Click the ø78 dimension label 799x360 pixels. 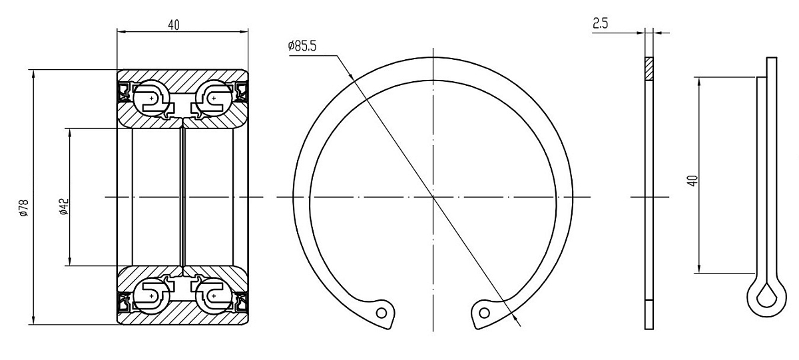24,208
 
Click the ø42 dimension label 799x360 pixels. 64,207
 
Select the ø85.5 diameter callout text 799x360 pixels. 302,46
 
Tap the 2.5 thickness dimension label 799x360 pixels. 601,23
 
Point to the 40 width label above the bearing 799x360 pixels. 174,25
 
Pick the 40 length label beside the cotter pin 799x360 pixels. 692,181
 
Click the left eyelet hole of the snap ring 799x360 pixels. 382,313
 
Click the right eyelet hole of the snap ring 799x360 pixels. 484,313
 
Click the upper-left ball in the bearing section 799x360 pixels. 151,98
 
